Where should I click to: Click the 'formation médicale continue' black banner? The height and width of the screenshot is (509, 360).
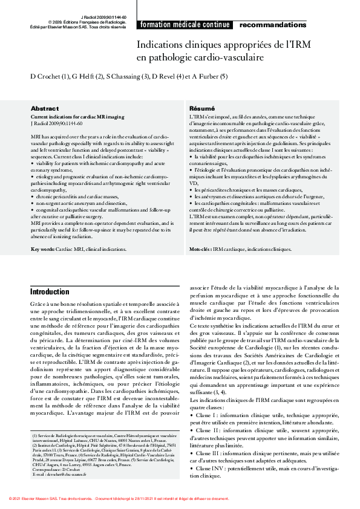185,25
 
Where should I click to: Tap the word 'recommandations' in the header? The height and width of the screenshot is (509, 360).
273,25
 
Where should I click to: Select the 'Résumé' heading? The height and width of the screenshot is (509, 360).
202,108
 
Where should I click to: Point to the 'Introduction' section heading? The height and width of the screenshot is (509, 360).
50,292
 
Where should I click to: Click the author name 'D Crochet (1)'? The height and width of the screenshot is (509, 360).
53,77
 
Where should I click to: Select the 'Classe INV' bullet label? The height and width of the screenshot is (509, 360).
211,468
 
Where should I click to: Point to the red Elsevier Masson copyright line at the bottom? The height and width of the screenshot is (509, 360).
119,499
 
